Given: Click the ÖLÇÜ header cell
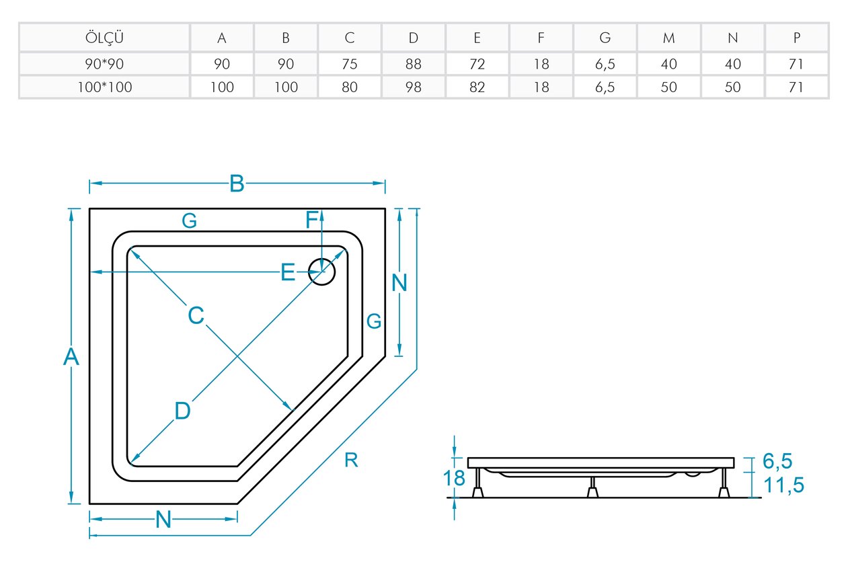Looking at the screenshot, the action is pos(104,38).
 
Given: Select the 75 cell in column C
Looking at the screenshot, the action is pos(350,64).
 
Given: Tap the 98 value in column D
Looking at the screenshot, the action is pos(414,87).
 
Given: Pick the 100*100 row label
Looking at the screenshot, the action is pos(104,87).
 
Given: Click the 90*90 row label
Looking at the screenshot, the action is pos(104,64).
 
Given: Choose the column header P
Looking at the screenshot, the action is pos(796,38).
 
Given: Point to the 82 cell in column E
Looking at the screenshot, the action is pos(477,87).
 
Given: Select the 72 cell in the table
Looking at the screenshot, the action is pos(477,64).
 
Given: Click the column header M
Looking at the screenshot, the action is pos(668,38).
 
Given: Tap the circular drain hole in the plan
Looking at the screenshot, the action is pos(322,259).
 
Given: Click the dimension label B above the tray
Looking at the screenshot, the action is pos(237,184).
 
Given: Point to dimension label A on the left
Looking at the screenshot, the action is pos(71,356).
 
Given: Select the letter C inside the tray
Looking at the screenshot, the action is pos(196,315).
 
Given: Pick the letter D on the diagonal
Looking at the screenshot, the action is pos(182,411).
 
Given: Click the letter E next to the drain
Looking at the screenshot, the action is pos(288,272).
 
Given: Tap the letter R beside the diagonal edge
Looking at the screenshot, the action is pos(351,460).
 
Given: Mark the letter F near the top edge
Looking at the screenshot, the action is pos(311,220).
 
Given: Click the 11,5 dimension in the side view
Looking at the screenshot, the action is pos(783,485).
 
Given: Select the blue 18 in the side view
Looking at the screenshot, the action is pos(454,478).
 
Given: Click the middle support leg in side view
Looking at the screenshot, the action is pos(592,487).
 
